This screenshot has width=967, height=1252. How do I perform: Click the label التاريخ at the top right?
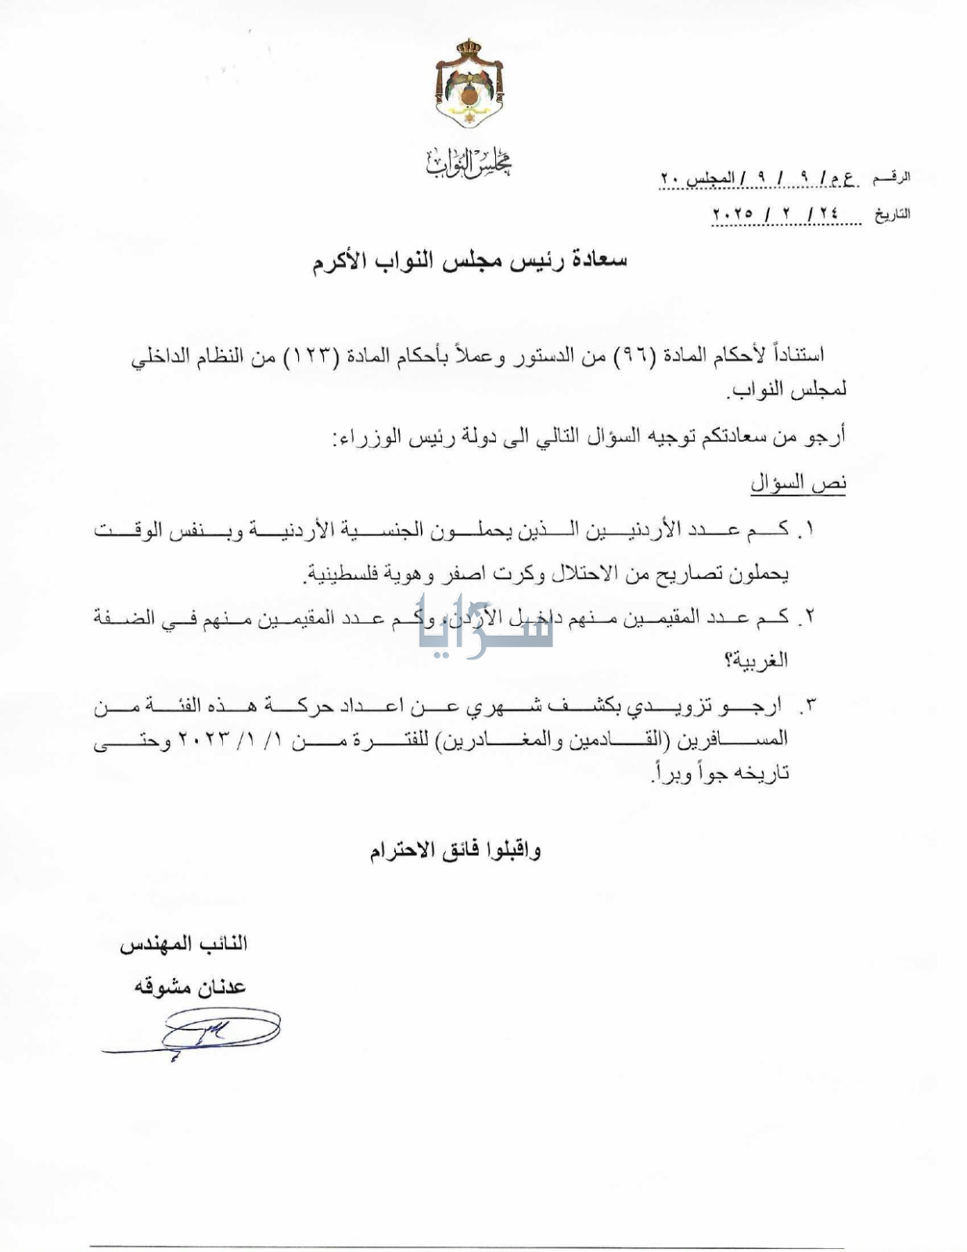point(892,214)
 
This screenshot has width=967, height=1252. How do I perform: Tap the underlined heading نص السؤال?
point(798,483)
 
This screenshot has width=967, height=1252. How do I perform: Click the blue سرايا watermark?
point(485,627)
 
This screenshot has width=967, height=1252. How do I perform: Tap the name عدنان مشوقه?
point(190,988)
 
